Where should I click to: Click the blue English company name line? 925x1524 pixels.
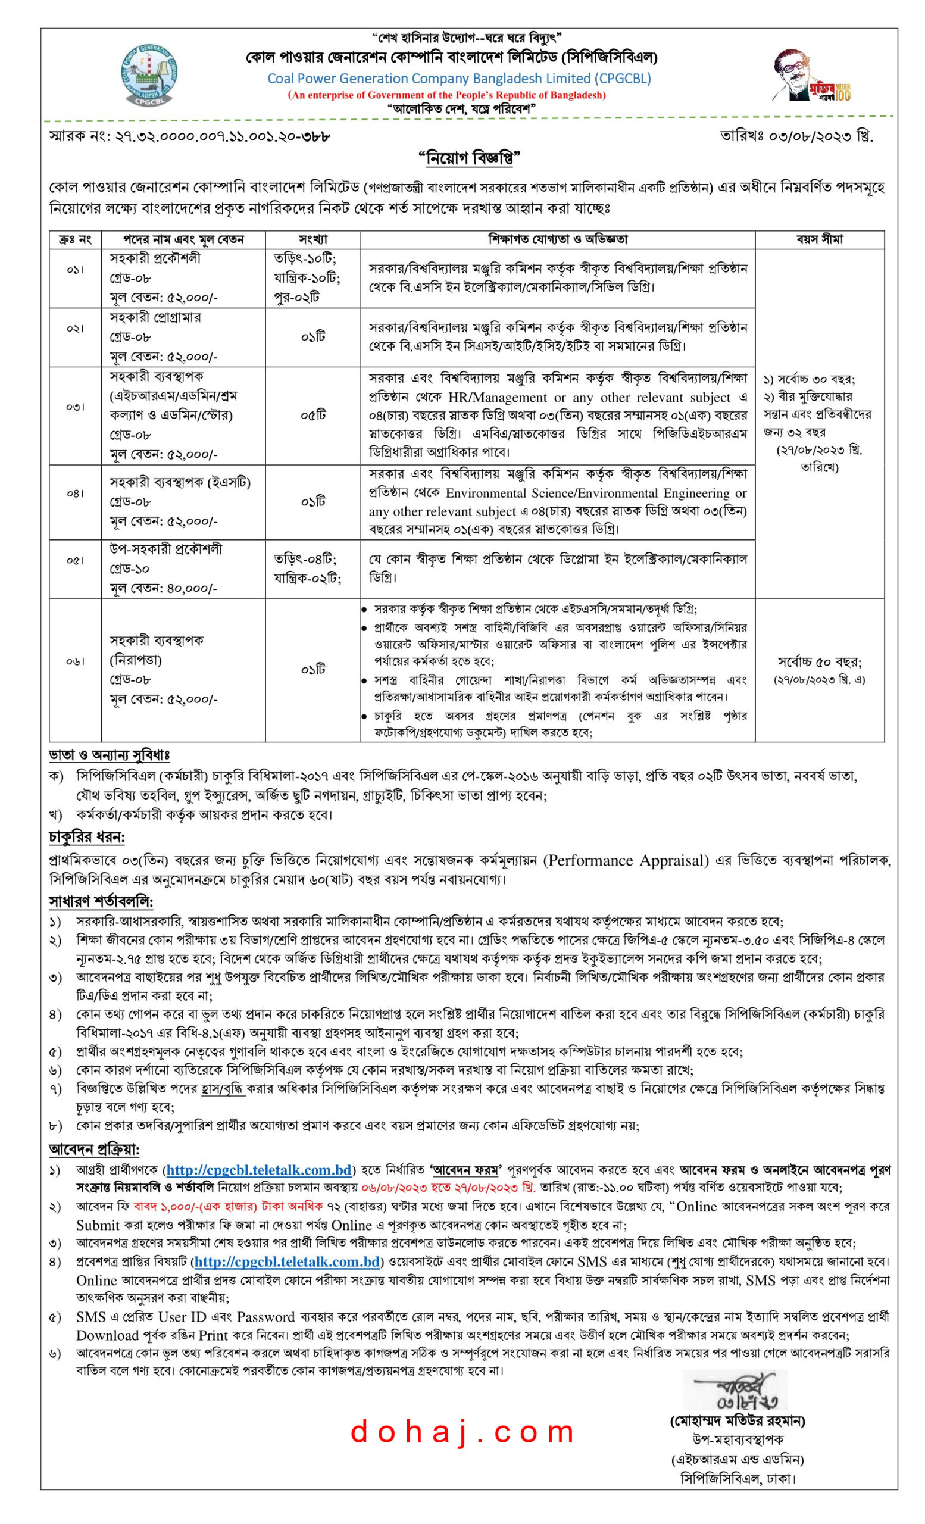click(x=458, y=79)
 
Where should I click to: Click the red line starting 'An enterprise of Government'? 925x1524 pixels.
click(x=446, y=95)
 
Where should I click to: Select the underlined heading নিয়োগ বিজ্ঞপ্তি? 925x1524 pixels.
click(x=469, y=158)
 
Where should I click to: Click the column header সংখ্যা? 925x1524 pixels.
click(x=313, y=239)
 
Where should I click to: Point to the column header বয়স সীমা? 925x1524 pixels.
click(x=818, y=239)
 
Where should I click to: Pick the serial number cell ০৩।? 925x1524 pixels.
click(x=76, y=407)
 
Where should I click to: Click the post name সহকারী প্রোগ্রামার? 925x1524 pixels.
click(x=155, y=317)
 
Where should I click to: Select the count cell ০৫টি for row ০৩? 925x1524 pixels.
click(x=313, y=415)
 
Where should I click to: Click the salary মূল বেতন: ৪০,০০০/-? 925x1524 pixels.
click(x=163, y=588)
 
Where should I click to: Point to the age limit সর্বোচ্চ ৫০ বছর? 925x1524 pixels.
click(x=818, y=662)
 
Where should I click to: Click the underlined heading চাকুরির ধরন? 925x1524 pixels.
click(x=86, y=838)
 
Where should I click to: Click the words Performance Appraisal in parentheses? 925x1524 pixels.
click(x=625, y=860)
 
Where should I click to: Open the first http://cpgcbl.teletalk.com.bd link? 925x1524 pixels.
click(x=258, y=1170)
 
